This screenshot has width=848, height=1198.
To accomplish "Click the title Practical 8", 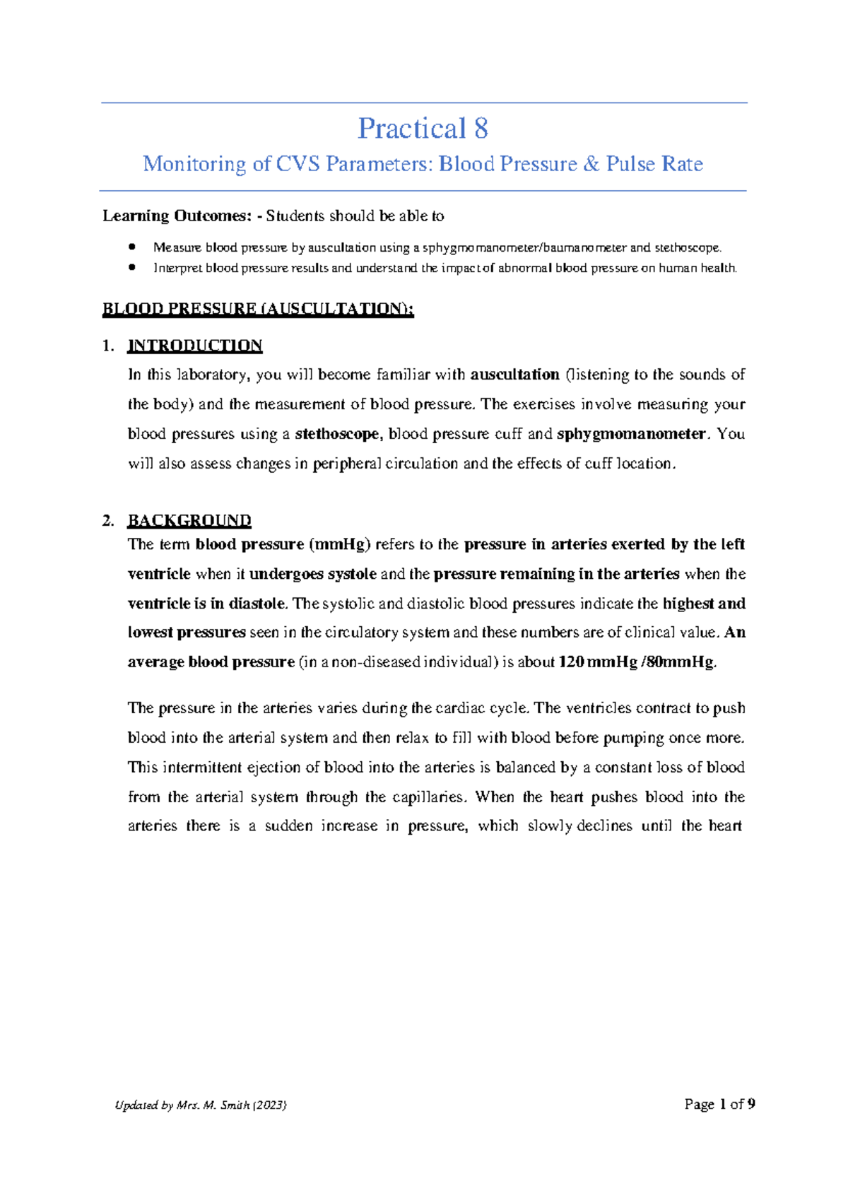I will [423, 129].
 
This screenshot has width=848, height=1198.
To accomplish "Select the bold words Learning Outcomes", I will [176, 216].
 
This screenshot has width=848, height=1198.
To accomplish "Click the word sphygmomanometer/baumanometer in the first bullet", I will [524, 248].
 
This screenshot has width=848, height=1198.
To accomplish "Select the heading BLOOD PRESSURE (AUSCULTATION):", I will [258, 309].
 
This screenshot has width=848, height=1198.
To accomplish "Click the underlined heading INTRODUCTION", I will [194, 346].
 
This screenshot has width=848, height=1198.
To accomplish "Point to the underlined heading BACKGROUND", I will [189, 521].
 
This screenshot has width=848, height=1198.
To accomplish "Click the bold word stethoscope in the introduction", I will [338, 434].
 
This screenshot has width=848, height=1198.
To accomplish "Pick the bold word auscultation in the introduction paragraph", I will [514, 375].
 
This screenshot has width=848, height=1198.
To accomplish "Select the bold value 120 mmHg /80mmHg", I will [637, 662].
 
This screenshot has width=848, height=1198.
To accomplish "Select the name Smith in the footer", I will [235, 1105].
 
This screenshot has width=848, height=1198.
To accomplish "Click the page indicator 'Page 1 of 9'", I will [719, 1104].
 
